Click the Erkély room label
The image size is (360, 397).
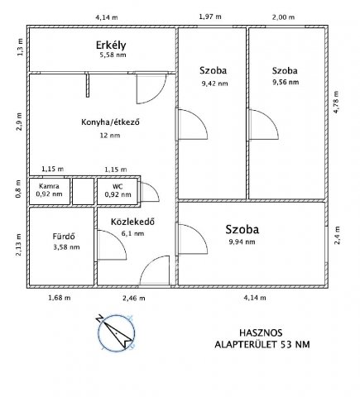111,45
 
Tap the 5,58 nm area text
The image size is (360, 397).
113,55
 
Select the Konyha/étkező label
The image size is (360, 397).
110,122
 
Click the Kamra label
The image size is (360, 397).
49,186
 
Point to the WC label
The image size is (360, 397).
118,187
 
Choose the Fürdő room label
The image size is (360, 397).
64,237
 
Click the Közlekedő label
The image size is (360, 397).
132,222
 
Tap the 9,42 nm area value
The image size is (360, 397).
215,84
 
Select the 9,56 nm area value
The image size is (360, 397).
286,82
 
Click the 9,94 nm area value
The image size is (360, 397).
242,242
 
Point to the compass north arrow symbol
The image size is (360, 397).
116,332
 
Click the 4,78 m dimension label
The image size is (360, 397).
336,102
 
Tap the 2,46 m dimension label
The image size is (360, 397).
134,298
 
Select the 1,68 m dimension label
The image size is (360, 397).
60,298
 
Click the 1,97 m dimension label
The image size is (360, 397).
210,17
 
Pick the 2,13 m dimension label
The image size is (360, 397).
18,245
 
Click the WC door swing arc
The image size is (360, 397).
155,189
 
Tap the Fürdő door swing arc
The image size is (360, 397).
118,237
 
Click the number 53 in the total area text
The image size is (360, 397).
287,344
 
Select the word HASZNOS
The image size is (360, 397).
261,332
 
